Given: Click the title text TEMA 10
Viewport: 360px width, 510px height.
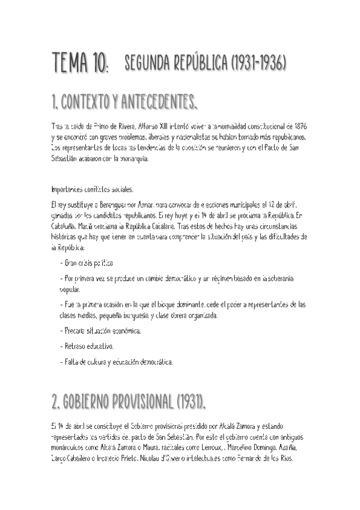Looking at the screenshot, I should point(80,63).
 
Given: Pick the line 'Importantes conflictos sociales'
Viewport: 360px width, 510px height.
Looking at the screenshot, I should point(93,188).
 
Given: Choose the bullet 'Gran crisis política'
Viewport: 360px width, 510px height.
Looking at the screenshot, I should point(87,263).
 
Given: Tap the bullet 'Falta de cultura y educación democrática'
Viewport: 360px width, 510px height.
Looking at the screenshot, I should point(117,362).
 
